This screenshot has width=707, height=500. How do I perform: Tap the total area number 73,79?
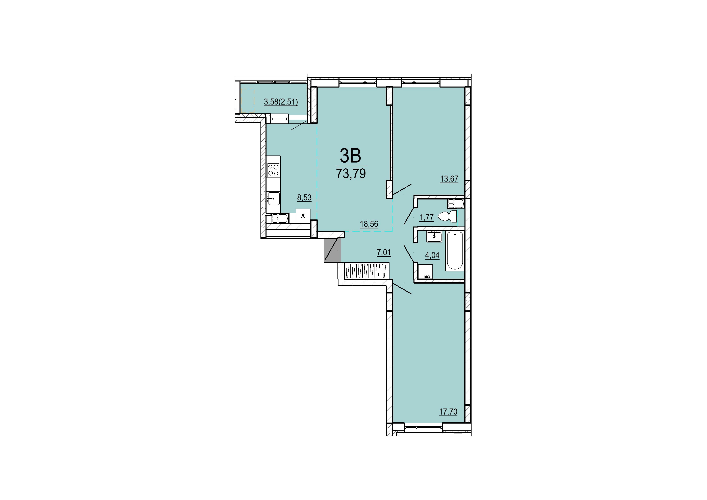351,174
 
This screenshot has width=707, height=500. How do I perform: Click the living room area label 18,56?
369,224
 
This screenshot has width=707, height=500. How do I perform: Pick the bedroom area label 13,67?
449,179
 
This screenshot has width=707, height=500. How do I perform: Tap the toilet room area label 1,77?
427,217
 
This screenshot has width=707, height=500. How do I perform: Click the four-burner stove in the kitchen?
58,170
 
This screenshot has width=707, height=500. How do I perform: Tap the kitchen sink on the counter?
58,198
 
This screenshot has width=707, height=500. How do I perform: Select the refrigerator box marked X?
87,216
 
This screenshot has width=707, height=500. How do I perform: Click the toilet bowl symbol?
447,217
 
